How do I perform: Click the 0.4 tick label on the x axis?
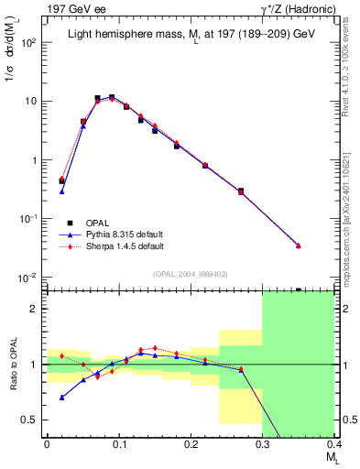coord(334,443)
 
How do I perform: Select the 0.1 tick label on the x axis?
coord(118,443)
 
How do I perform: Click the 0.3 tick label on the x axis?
coord(262,443)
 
